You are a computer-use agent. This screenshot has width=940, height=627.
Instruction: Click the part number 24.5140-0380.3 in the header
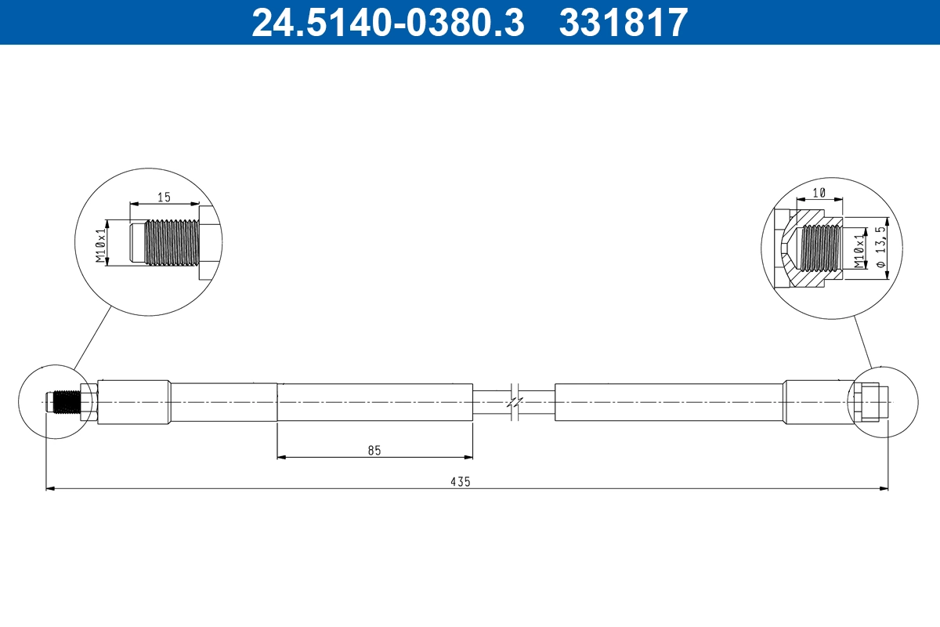pos(387,22)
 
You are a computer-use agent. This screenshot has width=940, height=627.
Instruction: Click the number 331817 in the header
pos(623,22)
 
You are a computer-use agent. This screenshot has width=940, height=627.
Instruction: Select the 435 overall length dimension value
pos(461,482)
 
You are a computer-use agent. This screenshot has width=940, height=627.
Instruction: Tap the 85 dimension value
pos(374,450)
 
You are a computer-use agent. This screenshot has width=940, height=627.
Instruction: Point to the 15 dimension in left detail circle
pos(163,198)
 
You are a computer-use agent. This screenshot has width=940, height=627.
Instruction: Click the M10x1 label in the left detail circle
pos(100,245)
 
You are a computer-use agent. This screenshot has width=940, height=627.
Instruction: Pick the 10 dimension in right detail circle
pos(819,193)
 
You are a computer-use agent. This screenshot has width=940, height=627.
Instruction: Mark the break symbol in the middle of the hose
pos(513,402)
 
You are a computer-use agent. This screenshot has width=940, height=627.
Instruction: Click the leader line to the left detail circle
pos(92,338)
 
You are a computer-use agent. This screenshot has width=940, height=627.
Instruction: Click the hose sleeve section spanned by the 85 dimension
pos(374,402)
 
